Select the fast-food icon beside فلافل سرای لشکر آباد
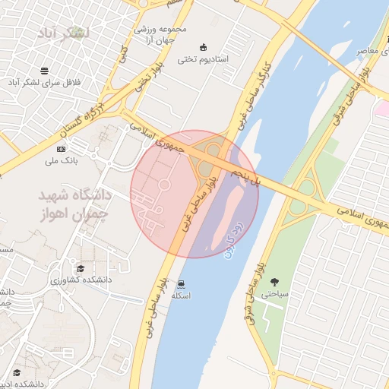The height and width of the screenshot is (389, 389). click(x=46, y=70)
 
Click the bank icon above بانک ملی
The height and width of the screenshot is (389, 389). click(x=61, y=148)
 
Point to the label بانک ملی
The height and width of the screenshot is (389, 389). click(x=61, y=160)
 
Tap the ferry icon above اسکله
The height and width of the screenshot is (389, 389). click(x=180, y=284)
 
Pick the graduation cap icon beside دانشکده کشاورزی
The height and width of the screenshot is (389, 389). click(x=81, y=269)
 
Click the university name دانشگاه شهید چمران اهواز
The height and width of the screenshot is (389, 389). click(x=74, y=204)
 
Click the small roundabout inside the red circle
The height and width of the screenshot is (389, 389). click(x=163, y=185)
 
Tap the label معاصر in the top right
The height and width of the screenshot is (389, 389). click(x=368, y=51)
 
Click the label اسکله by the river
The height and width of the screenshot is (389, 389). click(x=180, y=296)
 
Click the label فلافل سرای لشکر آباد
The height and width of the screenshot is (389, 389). click(x=46, y=82)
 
